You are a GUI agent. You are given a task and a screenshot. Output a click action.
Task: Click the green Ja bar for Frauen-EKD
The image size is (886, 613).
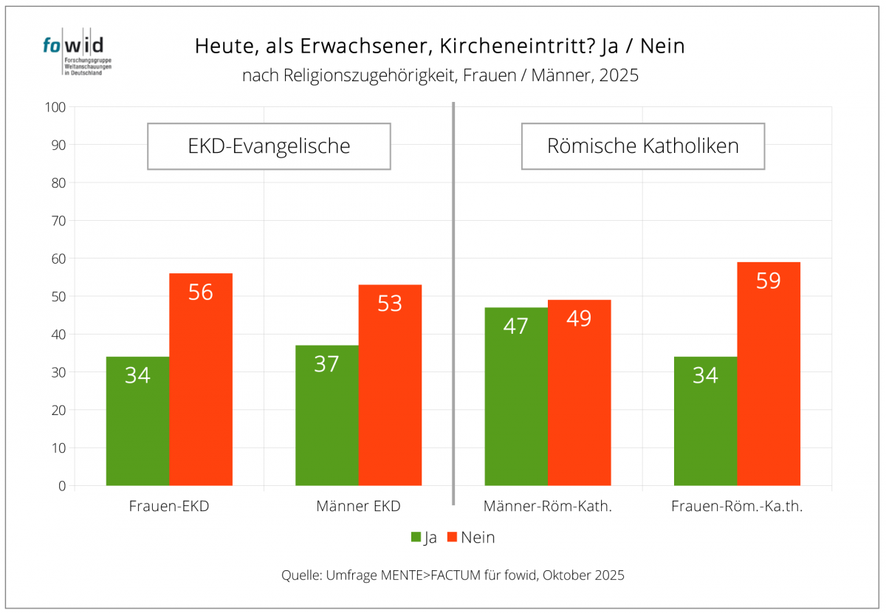[137, 421]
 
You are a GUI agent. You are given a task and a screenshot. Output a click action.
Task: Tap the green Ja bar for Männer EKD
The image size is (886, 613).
[326, 415]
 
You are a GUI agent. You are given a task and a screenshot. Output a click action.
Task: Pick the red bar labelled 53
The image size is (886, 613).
[390, 385]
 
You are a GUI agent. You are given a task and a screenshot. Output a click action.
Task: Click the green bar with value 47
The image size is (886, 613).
[515, 397]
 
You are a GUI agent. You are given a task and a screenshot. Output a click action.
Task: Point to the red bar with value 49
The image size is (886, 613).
[579, 392]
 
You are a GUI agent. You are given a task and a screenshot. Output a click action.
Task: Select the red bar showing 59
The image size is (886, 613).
[769, 374]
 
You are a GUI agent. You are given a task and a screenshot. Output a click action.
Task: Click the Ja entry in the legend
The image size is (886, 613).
[424, 538]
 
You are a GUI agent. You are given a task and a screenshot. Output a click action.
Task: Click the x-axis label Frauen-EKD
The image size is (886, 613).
[169, 507]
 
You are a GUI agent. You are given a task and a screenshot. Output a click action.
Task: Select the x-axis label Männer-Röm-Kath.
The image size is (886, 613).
[548, 507]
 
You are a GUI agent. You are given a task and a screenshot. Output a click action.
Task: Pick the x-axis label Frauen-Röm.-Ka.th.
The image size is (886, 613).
[737, 507]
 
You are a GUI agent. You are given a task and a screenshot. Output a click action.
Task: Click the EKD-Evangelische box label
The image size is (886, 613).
[269, 146]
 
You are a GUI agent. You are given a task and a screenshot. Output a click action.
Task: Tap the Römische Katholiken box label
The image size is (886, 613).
[642, 146]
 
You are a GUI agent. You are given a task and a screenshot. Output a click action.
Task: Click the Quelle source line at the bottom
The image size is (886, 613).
[453, 575]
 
